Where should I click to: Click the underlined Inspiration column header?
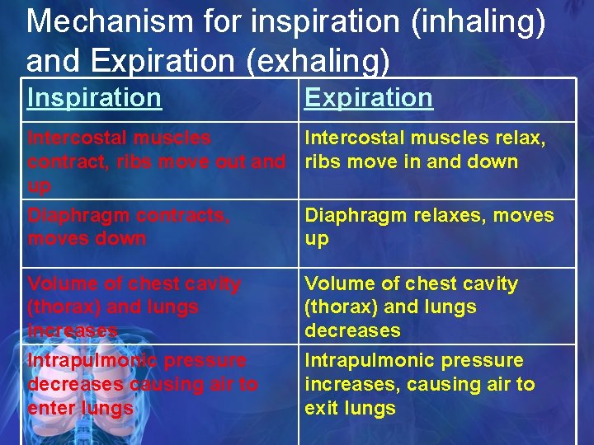point(94,98)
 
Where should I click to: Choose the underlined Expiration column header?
point(368,98)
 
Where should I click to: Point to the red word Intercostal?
point(75,138)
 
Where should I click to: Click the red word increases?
point(73,330)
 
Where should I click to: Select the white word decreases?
point(352,330)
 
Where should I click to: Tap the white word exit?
point(320,408)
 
